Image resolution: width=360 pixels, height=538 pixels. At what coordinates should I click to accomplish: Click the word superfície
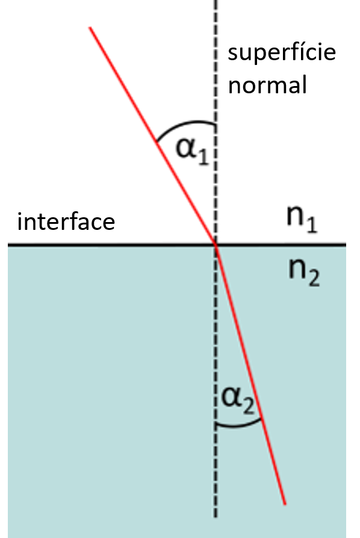coord(282,53)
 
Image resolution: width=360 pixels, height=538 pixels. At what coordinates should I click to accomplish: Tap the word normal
coord(267,85)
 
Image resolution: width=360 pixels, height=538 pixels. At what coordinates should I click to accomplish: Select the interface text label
coord(66,221)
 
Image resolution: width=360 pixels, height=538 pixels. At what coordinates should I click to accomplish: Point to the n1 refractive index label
coord(302,221)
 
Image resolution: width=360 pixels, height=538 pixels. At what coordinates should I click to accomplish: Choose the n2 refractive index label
coord(303,273)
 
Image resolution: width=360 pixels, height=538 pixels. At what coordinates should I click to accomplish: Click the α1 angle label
coord(192,151)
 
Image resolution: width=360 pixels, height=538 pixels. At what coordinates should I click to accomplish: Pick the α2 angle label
coord(238,400)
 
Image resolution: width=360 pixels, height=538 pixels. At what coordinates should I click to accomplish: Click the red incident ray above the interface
coord(153,136)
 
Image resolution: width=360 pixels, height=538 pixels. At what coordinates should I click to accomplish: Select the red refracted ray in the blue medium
coord(250,375)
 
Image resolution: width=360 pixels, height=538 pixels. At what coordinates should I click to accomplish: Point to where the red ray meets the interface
coord(216,245)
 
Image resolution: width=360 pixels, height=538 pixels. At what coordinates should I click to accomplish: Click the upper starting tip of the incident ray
coord(90,27)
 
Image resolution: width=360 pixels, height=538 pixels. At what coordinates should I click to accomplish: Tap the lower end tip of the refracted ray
coord(285,505)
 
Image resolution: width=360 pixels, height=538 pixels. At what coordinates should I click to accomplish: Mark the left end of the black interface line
coord(8,245)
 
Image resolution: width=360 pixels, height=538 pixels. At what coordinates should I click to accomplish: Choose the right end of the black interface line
coord(346,245)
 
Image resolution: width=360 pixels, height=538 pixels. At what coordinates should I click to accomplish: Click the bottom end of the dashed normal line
coord(216,517)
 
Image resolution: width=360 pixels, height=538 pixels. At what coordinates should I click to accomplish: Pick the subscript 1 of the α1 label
coord(203,158)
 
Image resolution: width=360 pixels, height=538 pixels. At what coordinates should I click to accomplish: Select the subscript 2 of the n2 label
coord(314,278)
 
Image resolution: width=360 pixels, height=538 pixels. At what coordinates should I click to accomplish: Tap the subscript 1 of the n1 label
coord(312,225)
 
